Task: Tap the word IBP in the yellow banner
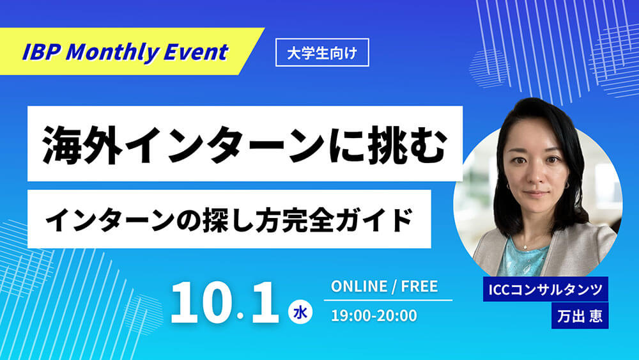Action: (x=41, y=52)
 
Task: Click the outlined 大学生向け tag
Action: (x=322, y=52)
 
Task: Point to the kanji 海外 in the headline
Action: (x=82, y=145)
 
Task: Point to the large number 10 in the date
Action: (x=201, y=302)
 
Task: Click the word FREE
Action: (x=419, y=286)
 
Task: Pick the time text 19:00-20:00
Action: (x=374, y=316)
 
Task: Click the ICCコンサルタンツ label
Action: (x=545, y=290)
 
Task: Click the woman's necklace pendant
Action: (x=525, y=247)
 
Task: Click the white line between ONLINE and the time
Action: (x=388, y=301)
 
